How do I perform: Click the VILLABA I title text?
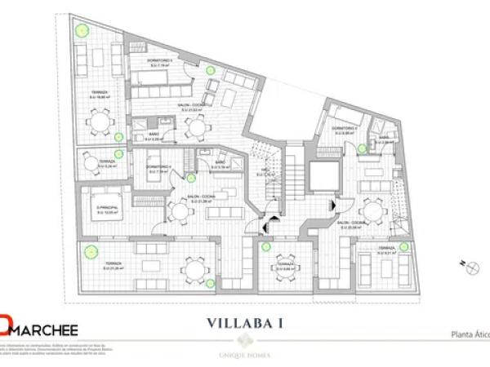click(244, 322)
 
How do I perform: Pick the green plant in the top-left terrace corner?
click(82, 29)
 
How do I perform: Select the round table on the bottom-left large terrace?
click(194, 268)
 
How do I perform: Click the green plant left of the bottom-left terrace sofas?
click(91, 250)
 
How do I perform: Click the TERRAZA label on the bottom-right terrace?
click(386, 248)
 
